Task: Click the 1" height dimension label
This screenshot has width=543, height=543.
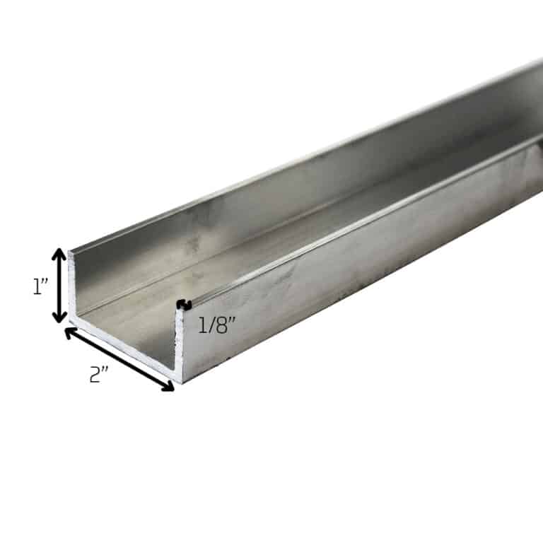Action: [40, 286]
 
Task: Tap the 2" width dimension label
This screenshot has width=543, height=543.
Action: [99, 374]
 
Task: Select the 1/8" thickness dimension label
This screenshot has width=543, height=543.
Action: [216, 326]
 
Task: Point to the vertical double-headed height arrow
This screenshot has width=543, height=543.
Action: [60, 286]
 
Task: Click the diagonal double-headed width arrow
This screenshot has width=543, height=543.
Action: [119, 358]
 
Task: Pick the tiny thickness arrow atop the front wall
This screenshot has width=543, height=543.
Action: [184, 305]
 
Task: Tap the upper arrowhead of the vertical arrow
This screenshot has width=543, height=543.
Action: [60, 255]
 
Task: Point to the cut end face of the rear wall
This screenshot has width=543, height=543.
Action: [71, 286]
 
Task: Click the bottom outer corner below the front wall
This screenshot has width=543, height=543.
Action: [181, 380]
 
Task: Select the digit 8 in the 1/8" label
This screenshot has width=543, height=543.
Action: [221, 326]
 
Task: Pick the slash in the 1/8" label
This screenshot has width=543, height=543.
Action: [211, 326]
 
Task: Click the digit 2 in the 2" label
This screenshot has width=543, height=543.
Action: [95, 375]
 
